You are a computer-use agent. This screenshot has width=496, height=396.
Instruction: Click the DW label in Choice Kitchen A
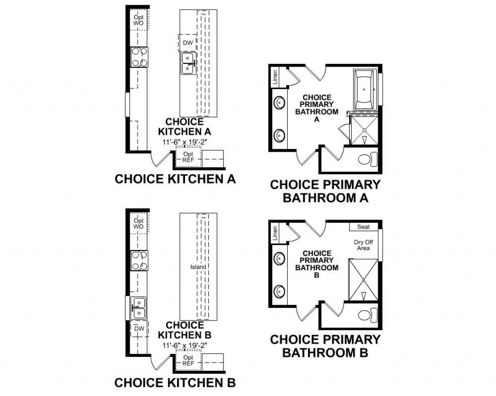pyautogui.click(x=187, y=43)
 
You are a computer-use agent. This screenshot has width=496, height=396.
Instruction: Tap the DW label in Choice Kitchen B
pyautogui.click(x=139, y=328)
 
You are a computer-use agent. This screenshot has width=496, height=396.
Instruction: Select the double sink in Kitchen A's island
pyautogui.click(x=188, y=63)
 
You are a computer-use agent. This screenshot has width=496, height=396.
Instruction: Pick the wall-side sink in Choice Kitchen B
pyautogui.click(x=138, y=308)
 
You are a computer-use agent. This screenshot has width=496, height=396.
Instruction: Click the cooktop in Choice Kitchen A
pyautogui.click(x=139, y=57)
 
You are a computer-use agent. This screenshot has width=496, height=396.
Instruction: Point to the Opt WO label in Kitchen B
pyautogui.click(x=138, y=223)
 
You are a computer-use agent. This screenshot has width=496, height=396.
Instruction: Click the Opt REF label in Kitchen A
pyautogui.click(x=188, y=157)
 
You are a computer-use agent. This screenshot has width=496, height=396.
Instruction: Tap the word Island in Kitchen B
pyautogui.click(x=198, y=267)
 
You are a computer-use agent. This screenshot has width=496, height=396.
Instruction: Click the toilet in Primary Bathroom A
pyautogui.click(x=368, y=159)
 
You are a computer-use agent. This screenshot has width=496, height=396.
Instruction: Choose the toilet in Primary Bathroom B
pyautogui.click(x=368, y=314)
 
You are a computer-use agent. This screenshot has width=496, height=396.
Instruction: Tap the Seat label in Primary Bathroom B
pyautogui.click(x=363, y=227)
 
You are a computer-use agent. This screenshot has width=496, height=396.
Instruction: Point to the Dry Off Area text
pyautogui.click(x=363, y=245)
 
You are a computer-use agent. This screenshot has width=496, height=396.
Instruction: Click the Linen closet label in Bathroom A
pyautogui.click(x=275, y=78)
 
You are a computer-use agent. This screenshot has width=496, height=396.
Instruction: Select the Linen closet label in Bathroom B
pyautogui.click(x=275, y=233)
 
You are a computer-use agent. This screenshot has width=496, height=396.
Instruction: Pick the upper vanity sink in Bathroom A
pyautogui.click(x=279, y=103)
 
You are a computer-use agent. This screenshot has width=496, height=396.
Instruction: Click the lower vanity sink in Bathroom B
pyautogui.click(x=279, y=291)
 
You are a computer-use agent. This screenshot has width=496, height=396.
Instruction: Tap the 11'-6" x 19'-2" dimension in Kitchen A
pyautogui.click(x=185, y=142)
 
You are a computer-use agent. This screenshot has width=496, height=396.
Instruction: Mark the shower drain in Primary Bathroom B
pyautogui.click(x=364, y=280)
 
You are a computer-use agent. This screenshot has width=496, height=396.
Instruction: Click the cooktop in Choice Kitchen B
pyautogui.click(x=139, y=260)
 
